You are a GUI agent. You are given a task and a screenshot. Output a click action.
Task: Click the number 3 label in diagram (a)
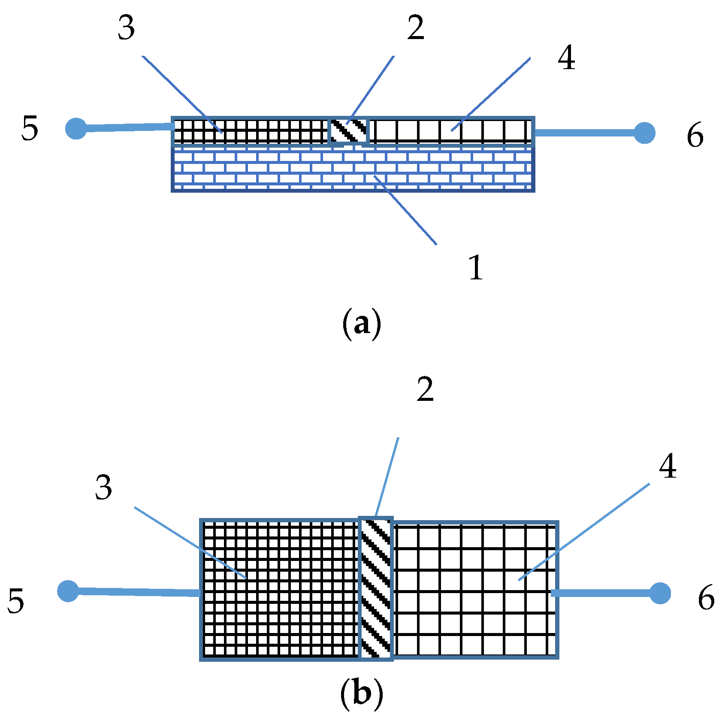tap(127, 29)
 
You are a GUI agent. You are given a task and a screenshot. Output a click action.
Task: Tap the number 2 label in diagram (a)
tap(416, 29)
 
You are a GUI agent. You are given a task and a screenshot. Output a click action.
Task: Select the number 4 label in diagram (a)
tap(566, 59)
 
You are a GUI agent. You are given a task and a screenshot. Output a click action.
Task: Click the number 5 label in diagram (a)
tap(30, 128)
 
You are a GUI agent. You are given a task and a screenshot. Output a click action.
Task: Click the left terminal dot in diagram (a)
tap(76, 128)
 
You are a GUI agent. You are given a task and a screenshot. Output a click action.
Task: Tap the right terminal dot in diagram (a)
tap(644, 133)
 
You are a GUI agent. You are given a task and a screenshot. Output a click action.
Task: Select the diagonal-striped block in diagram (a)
tap(349, 130)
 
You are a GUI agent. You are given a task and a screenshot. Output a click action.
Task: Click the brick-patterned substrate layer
tap(353, 170)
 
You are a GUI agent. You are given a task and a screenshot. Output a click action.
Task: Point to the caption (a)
tap(361, 324)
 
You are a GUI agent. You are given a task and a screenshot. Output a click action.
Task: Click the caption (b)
tap(361, 693)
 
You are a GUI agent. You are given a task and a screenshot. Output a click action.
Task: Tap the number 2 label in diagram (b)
tap(425, 390)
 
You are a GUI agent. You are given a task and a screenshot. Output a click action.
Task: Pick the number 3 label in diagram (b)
tap(104, 488)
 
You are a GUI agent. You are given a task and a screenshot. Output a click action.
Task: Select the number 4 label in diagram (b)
tap(668, 467)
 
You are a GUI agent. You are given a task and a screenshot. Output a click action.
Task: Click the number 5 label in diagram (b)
tap(16, 601)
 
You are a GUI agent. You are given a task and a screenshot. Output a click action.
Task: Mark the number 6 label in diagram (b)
tap(706, 598)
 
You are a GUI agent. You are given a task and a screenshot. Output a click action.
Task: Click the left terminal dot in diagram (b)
tap(68, 591)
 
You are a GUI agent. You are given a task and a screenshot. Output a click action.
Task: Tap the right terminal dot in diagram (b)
tap(660, 593)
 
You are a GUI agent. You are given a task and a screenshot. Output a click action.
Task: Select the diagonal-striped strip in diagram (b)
tap(376, 588)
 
